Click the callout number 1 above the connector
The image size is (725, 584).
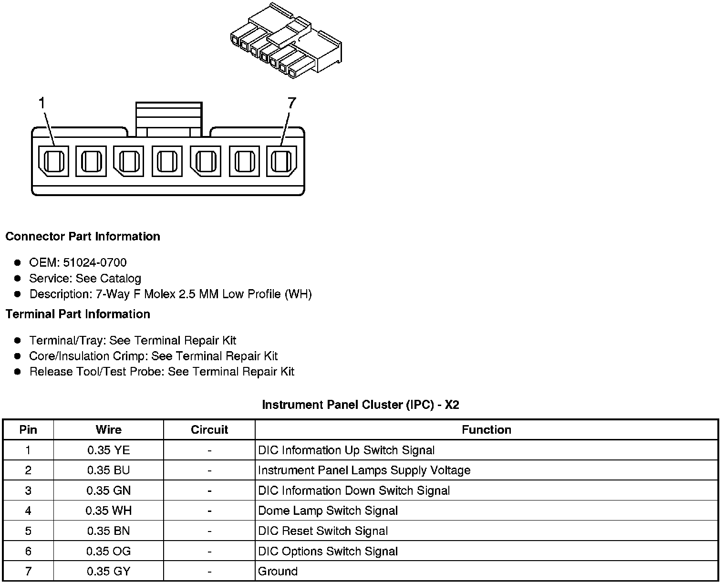(42, 103)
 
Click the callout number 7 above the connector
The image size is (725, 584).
(291, 103)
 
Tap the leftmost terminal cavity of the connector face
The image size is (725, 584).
(53, 161)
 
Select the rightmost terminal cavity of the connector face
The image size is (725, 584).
(281, 161)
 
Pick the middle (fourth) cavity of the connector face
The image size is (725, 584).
(167, 161)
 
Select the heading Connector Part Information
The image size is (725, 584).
(83, 237)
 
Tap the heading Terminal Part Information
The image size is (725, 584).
(78, 314)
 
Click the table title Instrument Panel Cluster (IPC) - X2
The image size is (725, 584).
(361, 405)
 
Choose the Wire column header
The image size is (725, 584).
(108, 430)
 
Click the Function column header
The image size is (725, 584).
(486, 430)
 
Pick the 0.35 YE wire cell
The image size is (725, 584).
(108, 450)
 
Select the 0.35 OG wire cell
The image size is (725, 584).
(108, 552)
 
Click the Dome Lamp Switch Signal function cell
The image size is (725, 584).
(328, 511)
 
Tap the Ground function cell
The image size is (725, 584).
(278, 572)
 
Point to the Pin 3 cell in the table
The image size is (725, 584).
(28, 491)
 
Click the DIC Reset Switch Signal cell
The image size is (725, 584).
(322, 531)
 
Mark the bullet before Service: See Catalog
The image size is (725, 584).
(18, 278)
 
